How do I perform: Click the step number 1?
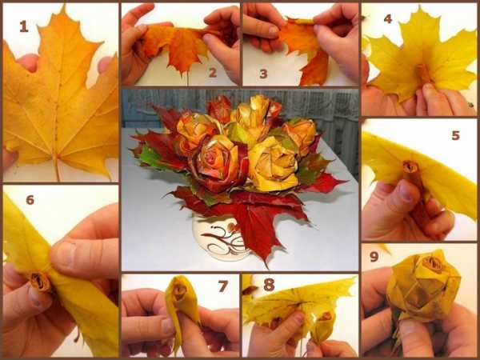click(23, 26)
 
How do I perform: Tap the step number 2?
click(213, 73)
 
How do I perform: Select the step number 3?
click(263, 74)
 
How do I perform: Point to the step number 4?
click(387, 19)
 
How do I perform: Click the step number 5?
click(455, 135)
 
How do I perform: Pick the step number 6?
click(30, 200)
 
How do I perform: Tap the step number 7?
click(223, 286)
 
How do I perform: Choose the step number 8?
click(269, 285)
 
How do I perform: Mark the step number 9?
click(374, 257)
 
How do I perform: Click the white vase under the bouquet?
click(220, 238)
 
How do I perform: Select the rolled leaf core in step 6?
click(40, 282)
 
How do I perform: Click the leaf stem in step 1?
click(57, 169)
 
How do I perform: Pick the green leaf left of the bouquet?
click(150, 158)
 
